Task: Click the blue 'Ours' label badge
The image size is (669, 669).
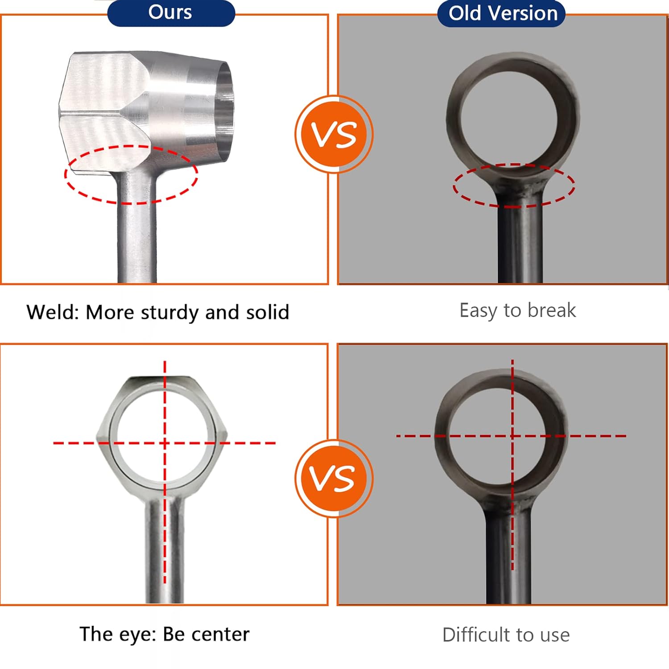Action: tap(171, 13)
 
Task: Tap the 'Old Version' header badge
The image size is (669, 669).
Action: tap(502, 14)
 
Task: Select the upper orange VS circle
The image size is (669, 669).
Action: tap(334, 134)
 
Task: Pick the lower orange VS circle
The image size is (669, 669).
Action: tap(334, 479)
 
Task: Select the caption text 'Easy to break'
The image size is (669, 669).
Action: tap(517, 310)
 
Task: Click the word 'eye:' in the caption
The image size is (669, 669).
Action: tap(136, 634)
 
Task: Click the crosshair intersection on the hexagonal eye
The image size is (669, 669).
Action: tap(165, 443)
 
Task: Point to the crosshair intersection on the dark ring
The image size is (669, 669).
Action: tap(512, 435)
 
